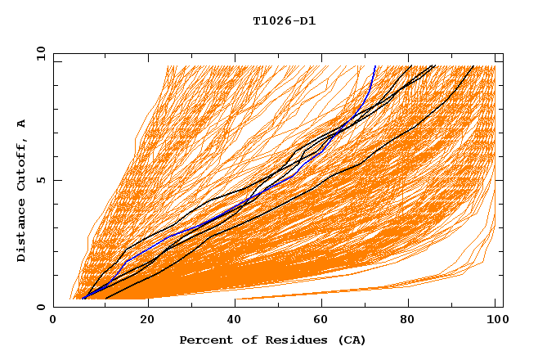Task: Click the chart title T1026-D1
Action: tap(284, 20)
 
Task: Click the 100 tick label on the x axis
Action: tap(495, 320)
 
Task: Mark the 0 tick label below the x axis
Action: tap(53, 320)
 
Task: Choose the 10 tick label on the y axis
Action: tap(38, 53)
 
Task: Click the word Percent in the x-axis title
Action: tap(204, 340)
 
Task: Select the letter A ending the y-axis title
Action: tap(21, 124)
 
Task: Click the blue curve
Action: tap(245, 206)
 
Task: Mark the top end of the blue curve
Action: tap(374, 66)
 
